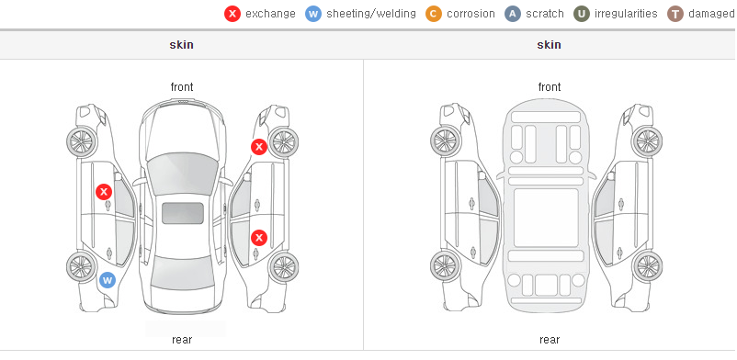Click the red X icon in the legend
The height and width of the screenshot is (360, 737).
coord(232,14)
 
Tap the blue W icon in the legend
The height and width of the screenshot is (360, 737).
coord(313,14)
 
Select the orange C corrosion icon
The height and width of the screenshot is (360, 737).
coord(434,14)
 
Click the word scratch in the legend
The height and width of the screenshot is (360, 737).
coord(545,14)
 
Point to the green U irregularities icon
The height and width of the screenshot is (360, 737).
coord(582,14)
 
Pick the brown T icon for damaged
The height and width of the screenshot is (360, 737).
coord(675,14)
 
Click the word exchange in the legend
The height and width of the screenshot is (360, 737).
coord(270,14)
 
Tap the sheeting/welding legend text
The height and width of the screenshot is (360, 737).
coord(371,14)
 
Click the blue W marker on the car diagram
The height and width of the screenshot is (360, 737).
coord(108,281)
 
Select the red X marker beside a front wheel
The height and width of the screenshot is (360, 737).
coord(258,147)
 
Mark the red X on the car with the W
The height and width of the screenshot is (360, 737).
coord(104,192)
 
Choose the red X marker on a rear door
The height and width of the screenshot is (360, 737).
coord(258,237)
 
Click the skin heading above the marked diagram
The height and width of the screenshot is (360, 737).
coord(181,45)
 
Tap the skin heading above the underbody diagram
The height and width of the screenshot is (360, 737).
coord(549,45)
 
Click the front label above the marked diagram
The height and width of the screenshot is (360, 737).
coord(182,87)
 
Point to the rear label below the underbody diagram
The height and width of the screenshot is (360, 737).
coord(550,340)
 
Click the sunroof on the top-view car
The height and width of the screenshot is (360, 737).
coord(183,213)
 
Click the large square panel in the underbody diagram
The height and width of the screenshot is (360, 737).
coord(546,218)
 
